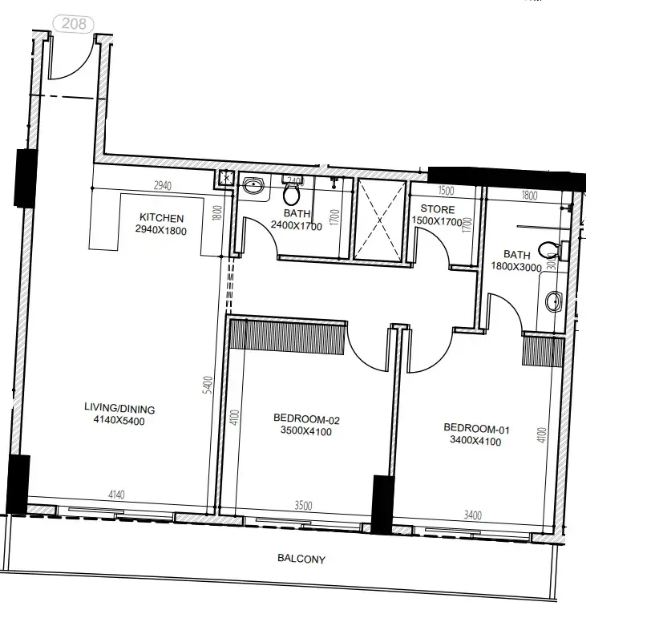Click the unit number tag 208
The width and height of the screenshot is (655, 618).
73,24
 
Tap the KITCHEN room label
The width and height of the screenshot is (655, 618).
162,217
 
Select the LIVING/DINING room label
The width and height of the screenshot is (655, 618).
119,409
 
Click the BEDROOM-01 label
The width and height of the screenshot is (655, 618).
477,427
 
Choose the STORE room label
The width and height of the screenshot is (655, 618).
438,209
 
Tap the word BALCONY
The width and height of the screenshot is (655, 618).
301,559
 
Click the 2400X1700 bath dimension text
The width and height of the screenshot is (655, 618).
297,226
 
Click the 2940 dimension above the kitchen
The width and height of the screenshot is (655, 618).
163,186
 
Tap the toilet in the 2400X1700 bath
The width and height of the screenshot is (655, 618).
291,193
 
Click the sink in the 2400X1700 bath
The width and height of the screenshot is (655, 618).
254,187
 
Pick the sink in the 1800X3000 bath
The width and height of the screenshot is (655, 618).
553,302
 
